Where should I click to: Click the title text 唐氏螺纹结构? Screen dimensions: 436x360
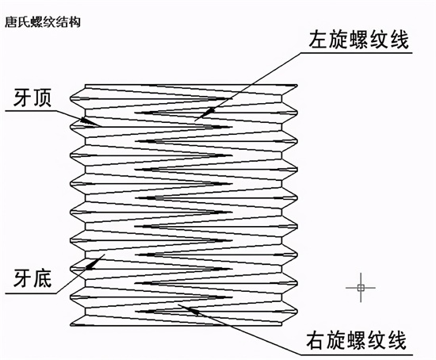[43, 22]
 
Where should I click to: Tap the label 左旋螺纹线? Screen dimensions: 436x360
[358, 39]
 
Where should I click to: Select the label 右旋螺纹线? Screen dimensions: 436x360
[356, 340]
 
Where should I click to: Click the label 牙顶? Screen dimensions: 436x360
[33, 98]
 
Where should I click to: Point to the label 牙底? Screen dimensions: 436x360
[33, 278]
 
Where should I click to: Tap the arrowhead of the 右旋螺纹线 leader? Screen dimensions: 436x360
[193, 311]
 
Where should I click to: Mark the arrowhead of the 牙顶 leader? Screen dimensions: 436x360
[87, 121]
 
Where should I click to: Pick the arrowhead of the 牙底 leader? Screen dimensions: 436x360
[94, 263]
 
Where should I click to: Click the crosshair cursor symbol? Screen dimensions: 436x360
[361, 288]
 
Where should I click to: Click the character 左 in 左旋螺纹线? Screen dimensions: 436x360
[319, 39]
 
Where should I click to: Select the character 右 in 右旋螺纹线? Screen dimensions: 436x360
[316, 340]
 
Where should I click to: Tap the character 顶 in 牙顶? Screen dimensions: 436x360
[42, 98]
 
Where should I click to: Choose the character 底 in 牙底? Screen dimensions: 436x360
[42, 278]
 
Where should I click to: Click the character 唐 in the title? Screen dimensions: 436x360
[11, 22]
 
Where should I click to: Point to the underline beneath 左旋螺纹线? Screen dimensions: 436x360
[357, 52]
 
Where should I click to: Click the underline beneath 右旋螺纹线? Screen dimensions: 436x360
[357, 355]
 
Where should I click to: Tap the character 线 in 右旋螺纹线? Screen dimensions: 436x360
[397, 340]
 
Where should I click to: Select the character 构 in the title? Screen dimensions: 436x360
[75, 22]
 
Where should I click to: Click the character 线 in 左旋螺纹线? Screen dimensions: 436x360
[400, 39]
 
